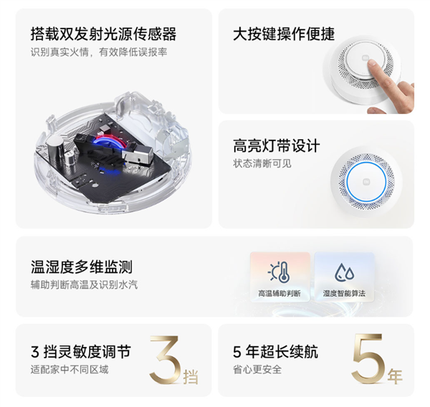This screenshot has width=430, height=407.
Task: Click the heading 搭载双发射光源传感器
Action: [x=103, y=34]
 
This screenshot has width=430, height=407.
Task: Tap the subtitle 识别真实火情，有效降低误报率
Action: [x=99, y=52]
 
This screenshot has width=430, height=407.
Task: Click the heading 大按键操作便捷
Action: [x=284, y=34]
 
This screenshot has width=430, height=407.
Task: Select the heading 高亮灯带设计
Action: [x=277, y=145]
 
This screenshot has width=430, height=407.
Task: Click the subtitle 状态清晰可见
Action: [x=262, y=164]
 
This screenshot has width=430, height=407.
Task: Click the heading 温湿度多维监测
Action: [x=82, y=267]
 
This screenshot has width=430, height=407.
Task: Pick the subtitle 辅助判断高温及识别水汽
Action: [x=84, y=284]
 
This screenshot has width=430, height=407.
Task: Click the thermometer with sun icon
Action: [x=279, y=272]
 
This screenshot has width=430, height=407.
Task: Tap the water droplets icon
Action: [x=344, y=272]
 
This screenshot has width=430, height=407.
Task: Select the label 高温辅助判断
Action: [x=279, y=294]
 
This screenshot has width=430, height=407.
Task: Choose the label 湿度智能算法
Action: [x=344, y=294]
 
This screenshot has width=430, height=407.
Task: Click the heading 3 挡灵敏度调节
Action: [x=81, y=352]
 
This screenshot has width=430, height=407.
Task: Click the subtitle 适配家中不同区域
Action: [x=70, y=370]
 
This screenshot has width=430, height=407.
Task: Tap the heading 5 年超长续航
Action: [x=275, y=352]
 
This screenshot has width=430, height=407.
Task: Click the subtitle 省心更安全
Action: [x=257, y=370]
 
